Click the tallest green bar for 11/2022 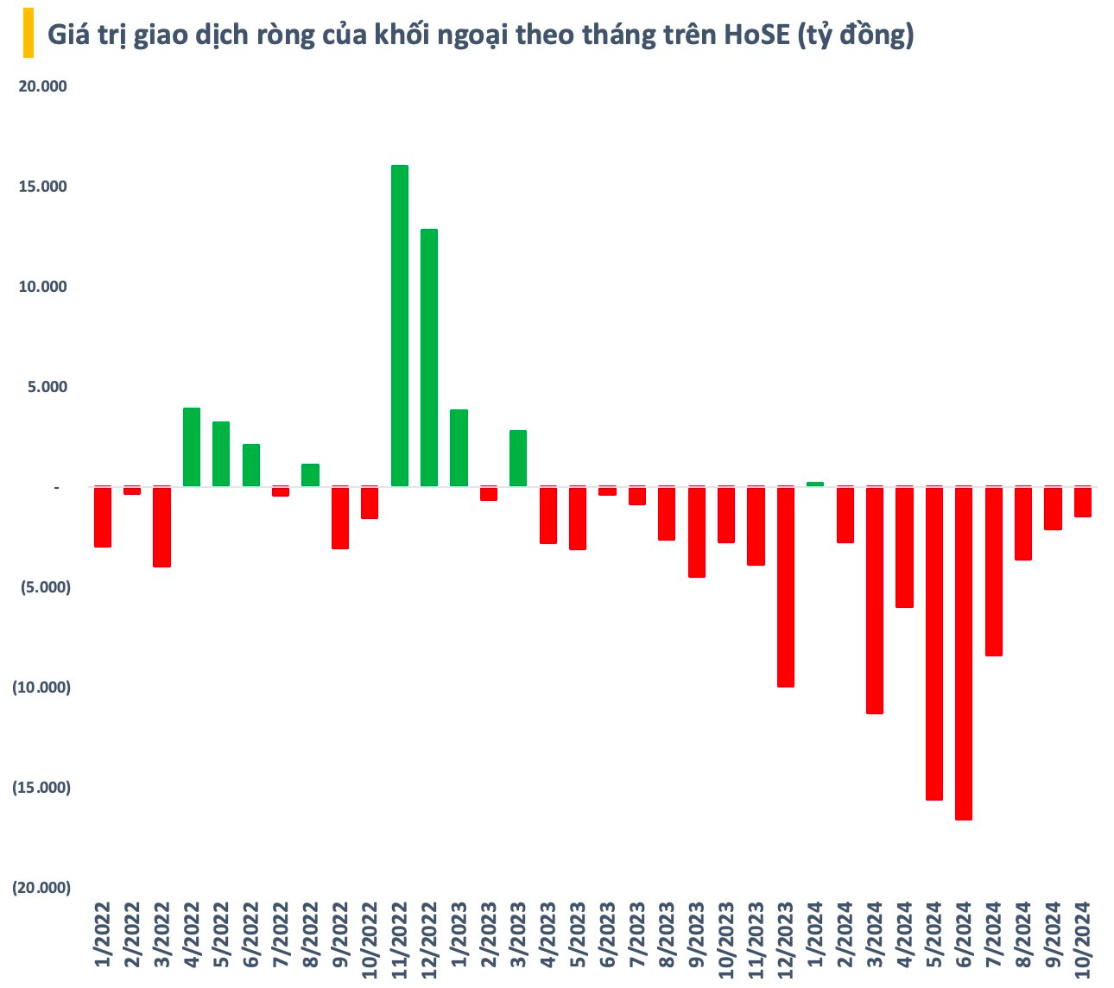tap(400, 326)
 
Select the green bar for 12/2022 tap(429, 358)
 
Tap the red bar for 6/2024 tap(964, 653)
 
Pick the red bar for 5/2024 tap(934, 643)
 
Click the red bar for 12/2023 tap(786, 586)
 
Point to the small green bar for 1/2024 tap(815, 484)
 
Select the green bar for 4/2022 tap(192, 447)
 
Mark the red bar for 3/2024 tap(875, 600)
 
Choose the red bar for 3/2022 tap(162, 527)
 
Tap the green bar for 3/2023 tap(518, 459)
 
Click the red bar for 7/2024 tap(994, 571)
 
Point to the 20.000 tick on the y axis tap(42, 86)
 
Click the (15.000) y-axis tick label tap(41, 788)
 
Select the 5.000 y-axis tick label tap(46, 387)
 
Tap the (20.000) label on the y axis tap(41, 888)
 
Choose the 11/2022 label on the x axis tap(400, 939)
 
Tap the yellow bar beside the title tap(28, 34)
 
